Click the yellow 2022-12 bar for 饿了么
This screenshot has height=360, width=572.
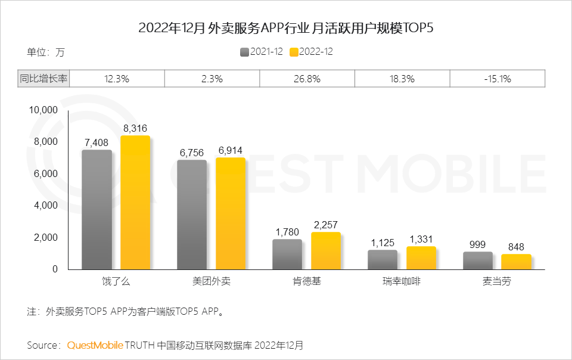(x=135, y=203)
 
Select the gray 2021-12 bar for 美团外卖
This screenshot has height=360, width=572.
(x=192, y=215)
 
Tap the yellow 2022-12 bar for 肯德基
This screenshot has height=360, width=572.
(x=325, y=251)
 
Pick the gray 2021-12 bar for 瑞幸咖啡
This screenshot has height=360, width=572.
(x=383, y=260)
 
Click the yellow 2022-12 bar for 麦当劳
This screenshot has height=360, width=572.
(x=516, y=262)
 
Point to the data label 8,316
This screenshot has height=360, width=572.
(x=135, y=128)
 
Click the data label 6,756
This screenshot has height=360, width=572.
(x=192, y=152)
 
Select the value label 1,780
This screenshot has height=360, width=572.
(x=287, y=231)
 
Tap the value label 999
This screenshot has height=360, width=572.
(x=477, y=244)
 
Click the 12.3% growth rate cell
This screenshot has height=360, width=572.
(x=117, y=79)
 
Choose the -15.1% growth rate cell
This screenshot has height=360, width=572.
(x=498, y=79)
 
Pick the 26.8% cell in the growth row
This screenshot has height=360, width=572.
(x=307, y=79)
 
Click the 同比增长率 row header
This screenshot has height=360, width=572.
(x=43, y=79)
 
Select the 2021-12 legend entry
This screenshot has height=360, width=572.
(x=262, y=52)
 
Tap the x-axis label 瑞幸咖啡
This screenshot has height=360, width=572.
(x=402, y=281)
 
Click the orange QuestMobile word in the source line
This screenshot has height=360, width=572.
(x=95, y=345)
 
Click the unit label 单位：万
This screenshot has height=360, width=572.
(x=45, y=52)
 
